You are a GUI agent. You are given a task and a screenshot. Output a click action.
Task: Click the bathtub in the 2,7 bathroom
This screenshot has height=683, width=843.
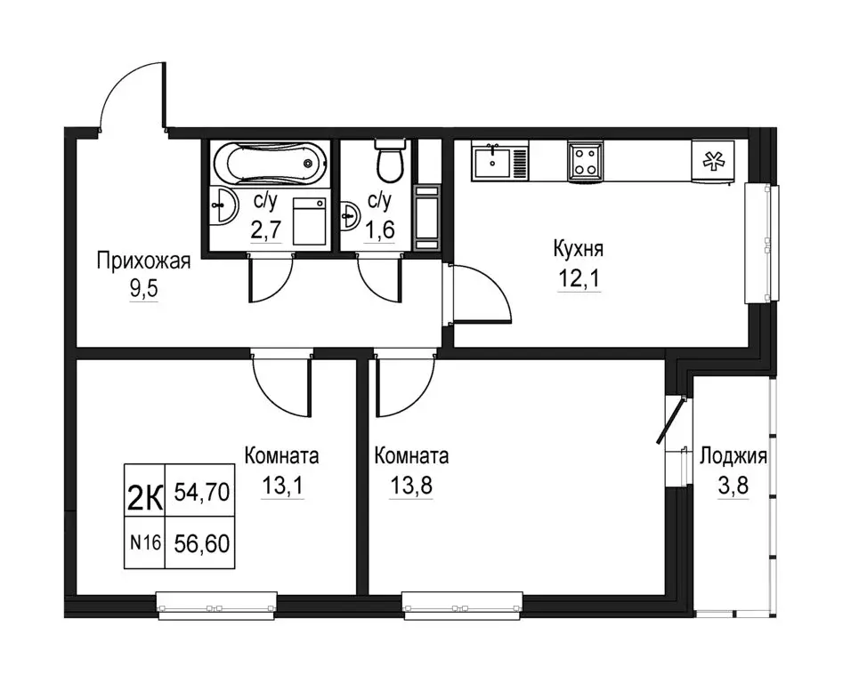pyautogui.click(x=270, y=164)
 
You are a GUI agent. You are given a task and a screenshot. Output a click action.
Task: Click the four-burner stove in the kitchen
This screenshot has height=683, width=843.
pyautogui.click(x=583, y=160)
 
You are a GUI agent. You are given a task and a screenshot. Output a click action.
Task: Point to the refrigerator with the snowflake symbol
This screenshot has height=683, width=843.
pyautogui.click(x=712, y=161)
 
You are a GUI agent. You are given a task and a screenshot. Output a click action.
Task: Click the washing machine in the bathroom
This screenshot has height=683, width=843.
pyautogui.click(x=310, y=221)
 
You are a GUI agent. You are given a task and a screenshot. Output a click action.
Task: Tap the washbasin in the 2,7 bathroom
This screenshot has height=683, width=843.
pyautogui.click(x=223, y=205)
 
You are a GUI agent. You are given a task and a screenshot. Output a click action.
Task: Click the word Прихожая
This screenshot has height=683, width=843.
pyautogui.click(x=143, y=262)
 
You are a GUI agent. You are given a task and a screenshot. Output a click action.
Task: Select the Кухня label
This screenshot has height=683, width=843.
pyautogui.click(x=579, y=249)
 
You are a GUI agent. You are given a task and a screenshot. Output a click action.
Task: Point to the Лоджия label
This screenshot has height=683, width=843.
pyautogui.click(x=734, y=456)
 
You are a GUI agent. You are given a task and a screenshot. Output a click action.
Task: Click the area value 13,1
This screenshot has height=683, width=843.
pyautogui.click(x=282, y=486)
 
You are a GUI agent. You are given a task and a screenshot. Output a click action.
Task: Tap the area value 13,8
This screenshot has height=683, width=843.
pyautogui.click(x=411, y=486)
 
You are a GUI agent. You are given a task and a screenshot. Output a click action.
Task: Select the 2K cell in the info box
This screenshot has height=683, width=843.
pyautogui.click(x=144, y=491)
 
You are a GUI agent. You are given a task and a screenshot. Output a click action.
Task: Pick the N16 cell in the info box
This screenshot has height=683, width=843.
pyautogui.click(x=144, y=543)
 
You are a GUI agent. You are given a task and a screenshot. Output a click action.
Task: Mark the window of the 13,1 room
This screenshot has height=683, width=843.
pyautogui.click(x=216, y=601)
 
